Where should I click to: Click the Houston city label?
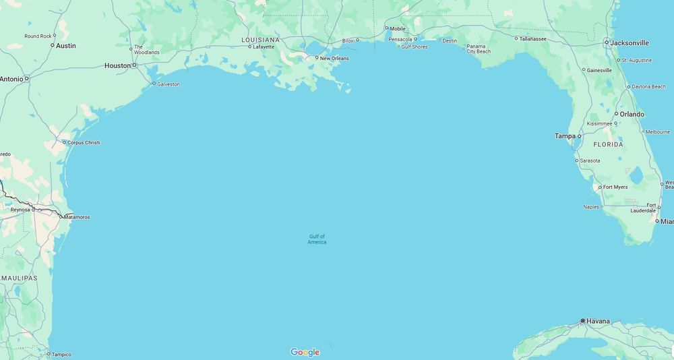[x=117, y=65]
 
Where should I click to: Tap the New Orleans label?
[x=334, y=59]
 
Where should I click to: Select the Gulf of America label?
[x=317, y=239]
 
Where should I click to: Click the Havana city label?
[x=598, y=321]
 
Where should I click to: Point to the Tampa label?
[x=565, y=136]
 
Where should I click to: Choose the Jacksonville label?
[x=630, y=42]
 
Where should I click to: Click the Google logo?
[x=305, y=352]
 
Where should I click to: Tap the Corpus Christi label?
[x=83, y=143]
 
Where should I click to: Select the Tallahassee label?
[x=532, y=38]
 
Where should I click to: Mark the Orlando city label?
[x=632, y=114]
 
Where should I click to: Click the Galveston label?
[x=168, y=84]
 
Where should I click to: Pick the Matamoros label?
[x=76, y=217]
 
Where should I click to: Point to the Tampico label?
[x=61, y=354]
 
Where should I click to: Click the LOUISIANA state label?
[x=260, y=40]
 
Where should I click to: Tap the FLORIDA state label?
[x=608, y=145]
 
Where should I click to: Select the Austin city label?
[x=65, y=46]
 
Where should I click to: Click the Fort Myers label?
[x=615, y=187]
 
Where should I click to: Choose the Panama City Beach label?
[x=479, y=49]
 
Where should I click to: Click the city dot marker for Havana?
[x=583, y=321]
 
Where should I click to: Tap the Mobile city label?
[x=398, y=28]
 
